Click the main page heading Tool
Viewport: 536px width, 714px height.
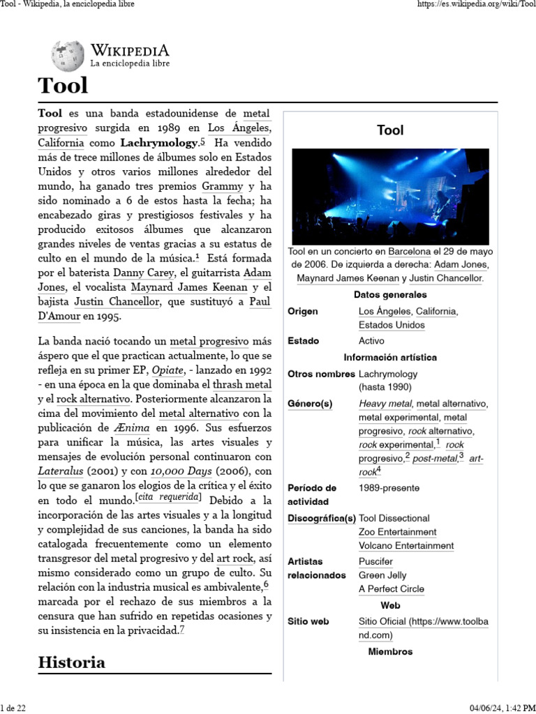63,86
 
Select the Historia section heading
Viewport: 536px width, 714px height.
72,662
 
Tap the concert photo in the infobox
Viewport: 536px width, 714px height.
390,196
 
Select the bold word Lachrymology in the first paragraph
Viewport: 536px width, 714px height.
159,143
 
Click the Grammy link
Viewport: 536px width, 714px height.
223,186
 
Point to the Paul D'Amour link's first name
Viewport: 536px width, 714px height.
260,301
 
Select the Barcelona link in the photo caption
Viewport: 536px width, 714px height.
410,251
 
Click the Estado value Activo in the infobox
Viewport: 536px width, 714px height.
371,341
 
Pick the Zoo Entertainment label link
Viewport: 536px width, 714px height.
397,532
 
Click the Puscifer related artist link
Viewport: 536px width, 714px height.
375,561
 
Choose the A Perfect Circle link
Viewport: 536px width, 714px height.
391,589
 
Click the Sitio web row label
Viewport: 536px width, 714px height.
308,621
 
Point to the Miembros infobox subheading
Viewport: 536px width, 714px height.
390,651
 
